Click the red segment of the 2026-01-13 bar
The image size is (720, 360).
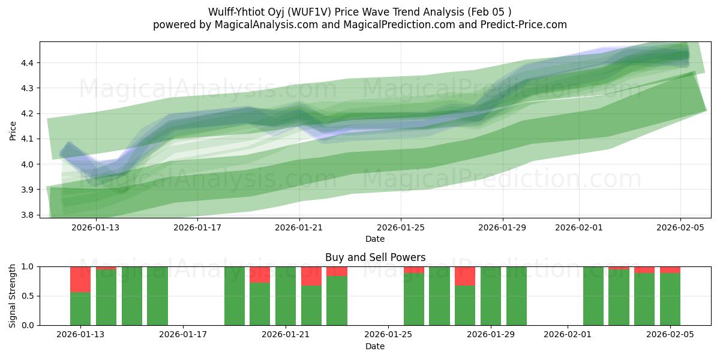click(x=80, y=279)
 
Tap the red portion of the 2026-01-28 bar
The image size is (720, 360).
click(x=465, y=276)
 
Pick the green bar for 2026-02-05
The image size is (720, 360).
click(x=670, y=299)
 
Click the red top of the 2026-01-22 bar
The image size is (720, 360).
click(x=311, y=276)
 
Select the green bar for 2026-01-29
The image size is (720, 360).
click(x=491, y=296)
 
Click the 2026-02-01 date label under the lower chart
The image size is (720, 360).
click(x=568, y=335)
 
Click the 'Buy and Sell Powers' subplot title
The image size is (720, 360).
click(x=375, y=257)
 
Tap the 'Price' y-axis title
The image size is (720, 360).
click(x=13, y=130)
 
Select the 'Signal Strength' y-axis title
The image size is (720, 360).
click(x=13, y=296)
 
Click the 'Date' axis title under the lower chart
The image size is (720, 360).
click(x=375, y=346)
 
